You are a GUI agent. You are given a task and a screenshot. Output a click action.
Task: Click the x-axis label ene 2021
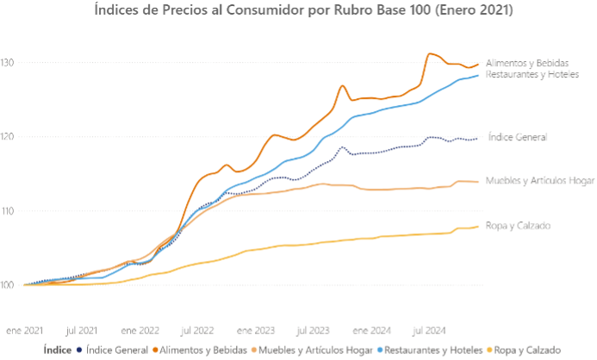pos(25,330)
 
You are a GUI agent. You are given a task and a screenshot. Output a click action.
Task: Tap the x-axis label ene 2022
pos(140,330)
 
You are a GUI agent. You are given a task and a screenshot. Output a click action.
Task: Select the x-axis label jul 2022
pos(197,330)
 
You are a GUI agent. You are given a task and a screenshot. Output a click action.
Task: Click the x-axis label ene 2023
pos(255,330)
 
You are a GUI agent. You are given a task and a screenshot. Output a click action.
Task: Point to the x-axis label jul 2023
pos(313,330)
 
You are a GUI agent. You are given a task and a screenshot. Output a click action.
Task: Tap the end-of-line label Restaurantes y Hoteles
pos(532,74)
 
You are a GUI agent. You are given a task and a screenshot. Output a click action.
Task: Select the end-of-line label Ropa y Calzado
pos(518,226)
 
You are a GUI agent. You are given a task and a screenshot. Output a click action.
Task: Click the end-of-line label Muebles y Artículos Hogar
pos(540,180)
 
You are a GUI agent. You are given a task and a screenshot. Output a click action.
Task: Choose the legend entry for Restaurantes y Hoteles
pos(429,351)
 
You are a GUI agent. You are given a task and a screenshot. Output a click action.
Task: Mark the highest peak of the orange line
pos(430,53)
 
